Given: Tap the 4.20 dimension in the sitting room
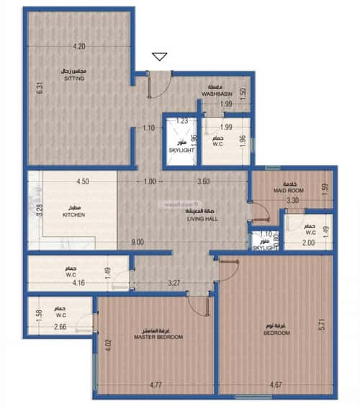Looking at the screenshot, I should click(x=78, y=47).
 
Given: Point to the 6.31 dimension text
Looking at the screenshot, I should click(x=41, y=91).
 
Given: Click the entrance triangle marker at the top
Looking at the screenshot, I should click(x=159, y=56).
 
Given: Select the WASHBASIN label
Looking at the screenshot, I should click(x=215, y=94).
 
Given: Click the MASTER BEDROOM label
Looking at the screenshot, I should click(x=158, y=336).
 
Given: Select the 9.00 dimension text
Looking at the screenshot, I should click(x=138, y=243).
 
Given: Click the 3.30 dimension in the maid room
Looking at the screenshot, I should click(x=292, y=201).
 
